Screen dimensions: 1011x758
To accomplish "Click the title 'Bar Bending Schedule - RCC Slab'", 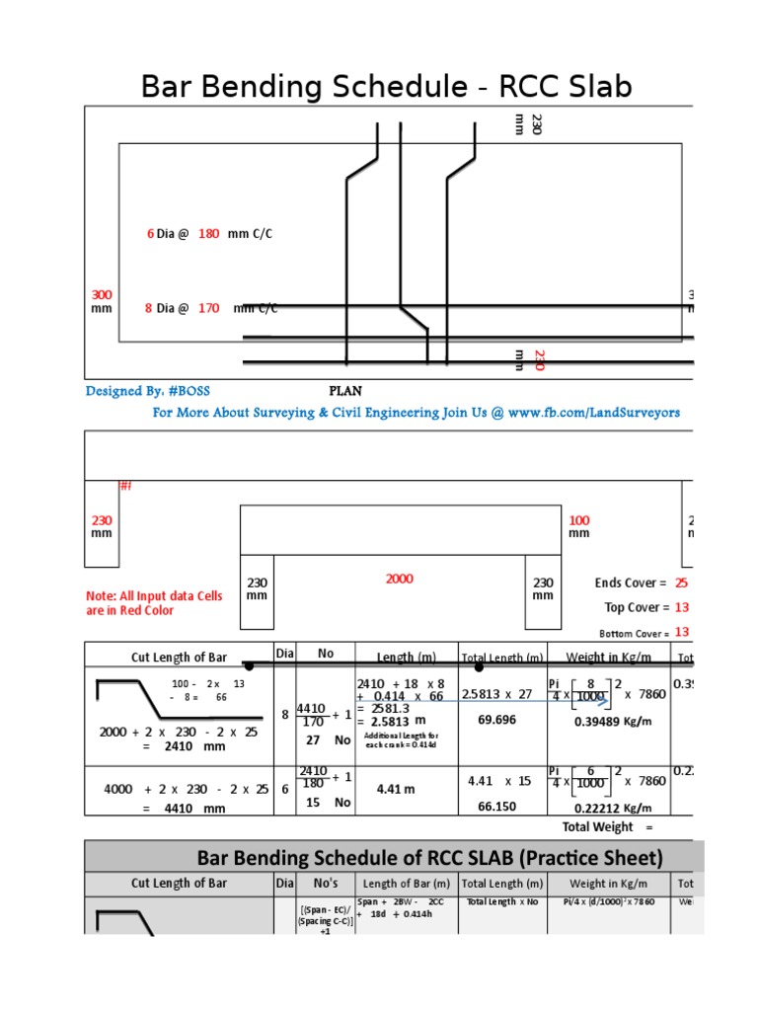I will coord(386,87).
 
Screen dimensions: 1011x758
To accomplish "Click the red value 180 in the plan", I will coord(208,234).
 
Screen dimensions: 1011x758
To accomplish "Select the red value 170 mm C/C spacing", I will coord(208,308).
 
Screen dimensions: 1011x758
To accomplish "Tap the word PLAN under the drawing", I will coord(344,391).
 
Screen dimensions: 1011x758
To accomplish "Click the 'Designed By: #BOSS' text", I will coord(148,391).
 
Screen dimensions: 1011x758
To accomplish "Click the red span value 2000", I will coord(400,579).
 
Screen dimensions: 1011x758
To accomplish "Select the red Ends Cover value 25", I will coord(681,583).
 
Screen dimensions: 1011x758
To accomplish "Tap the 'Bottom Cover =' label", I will coord(634,633).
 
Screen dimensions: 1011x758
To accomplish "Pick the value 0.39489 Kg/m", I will coord(612,722).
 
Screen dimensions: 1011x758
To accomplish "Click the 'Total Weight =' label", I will coord(608,826).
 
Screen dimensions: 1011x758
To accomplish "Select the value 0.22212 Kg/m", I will coord(612,807).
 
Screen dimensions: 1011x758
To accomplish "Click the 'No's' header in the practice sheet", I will coord(326,884).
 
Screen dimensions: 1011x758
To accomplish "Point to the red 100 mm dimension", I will coord(579,526).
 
